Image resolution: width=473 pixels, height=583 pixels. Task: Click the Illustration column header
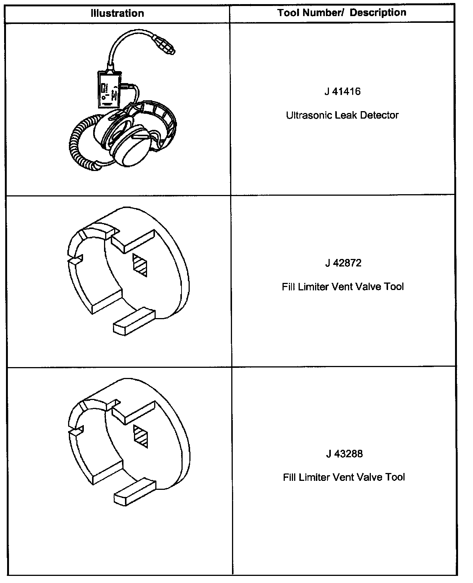coord(117,13)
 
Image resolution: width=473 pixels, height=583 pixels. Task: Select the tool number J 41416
coord(342,92)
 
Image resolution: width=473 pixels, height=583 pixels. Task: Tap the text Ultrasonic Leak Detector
coord(342,115)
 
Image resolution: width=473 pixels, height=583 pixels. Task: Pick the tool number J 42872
coord(343,263)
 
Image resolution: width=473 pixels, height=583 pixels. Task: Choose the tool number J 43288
coord(344,454)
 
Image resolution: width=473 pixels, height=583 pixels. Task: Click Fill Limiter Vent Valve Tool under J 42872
coord(343,287)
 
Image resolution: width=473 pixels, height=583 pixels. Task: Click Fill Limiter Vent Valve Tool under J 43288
coord(344,477)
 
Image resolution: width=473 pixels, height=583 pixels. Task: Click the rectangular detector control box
coord(109,89)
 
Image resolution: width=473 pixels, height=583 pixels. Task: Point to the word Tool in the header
coord(289,13)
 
